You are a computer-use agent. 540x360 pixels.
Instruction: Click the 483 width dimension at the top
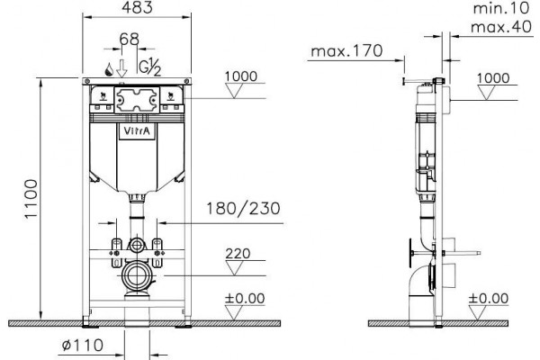point(137,7)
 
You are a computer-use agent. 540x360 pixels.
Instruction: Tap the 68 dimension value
point(129,40)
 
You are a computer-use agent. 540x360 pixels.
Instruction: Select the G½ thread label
point(149,67)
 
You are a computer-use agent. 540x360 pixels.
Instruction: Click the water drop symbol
point(110,69)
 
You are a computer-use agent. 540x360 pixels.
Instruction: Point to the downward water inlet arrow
point(121,68)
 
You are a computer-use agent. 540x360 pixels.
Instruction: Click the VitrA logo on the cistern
point(137,130)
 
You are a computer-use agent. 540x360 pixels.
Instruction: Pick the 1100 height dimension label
point(31,199)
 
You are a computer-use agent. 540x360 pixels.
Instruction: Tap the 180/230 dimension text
point(243,209)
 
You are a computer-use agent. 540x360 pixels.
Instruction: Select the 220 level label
point(238,254)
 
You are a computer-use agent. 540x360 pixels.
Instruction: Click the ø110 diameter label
point(82,345)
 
